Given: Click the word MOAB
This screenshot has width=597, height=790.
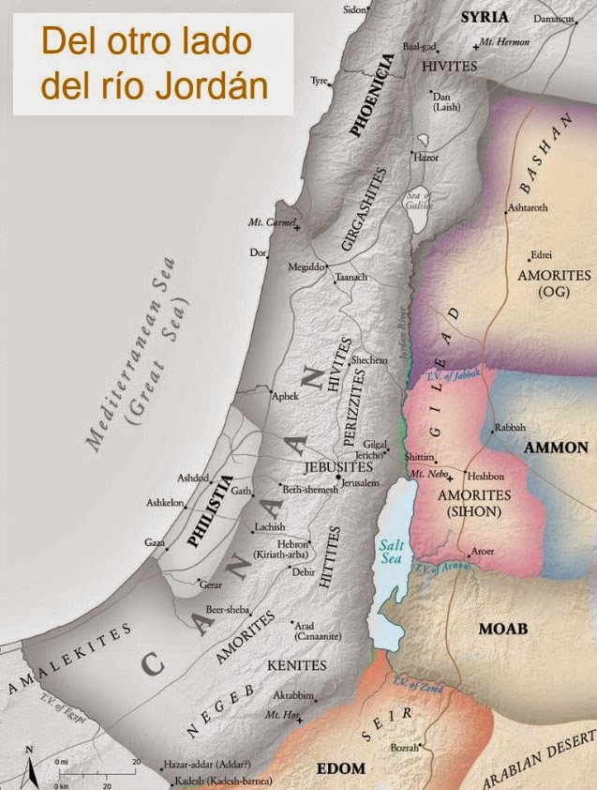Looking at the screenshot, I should click(x=503, y=627).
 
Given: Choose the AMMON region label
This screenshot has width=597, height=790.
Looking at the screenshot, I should click(x=556, y=448).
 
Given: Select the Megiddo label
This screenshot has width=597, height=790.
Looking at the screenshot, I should click(x=307, y=266).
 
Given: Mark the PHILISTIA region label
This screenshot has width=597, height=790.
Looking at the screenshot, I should click(x=207, y=514).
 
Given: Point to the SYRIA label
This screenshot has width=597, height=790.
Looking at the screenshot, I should click(x=484, y=17).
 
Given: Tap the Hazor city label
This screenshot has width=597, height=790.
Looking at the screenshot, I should click(x=426, y=158).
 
